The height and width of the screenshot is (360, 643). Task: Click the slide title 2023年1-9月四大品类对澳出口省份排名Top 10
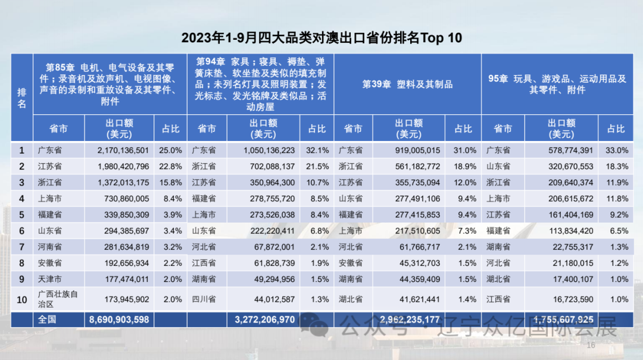point(321,38)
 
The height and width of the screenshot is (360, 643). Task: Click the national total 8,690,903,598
point(119,320)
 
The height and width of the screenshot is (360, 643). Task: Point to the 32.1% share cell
point(318,151)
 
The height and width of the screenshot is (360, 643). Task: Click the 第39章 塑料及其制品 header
point(407,84)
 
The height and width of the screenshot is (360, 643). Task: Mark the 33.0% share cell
point(616,151)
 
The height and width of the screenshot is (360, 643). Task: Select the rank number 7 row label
point(22,247)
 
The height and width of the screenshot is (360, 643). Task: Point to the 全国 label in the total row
point(47,320)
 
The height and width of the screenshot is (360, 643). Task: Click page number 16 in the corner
point(591,346)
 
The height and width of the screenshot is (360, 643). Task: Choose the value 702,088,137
point(269,167)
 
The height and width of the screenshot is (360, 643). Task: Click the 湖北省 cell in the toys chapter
point(498,279)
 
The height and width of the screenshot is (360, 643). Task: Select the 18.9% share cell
point(465,167)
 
